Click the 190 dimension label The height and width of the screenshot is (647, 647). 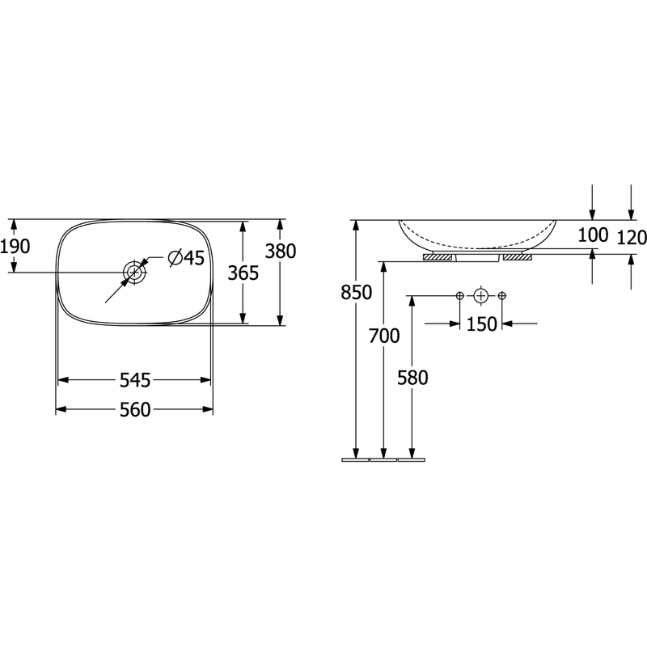15,247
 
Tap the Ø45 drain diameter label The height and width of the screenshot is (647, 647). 186,258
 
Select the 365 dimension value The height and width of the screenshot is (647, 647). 243,273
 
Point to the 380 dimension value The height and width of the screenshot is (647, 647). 280,252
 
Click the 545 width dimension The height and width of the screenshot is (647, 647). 135,380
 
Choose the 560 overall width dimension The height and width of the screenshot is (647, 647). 135,410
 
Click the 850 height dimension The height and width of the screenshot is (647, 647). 357,293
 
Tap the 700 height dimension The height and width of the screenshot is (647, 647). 384,336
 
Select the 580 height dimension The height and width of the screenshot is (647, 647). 412,378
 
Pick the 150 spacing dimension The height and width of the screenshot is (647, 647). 481,324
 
